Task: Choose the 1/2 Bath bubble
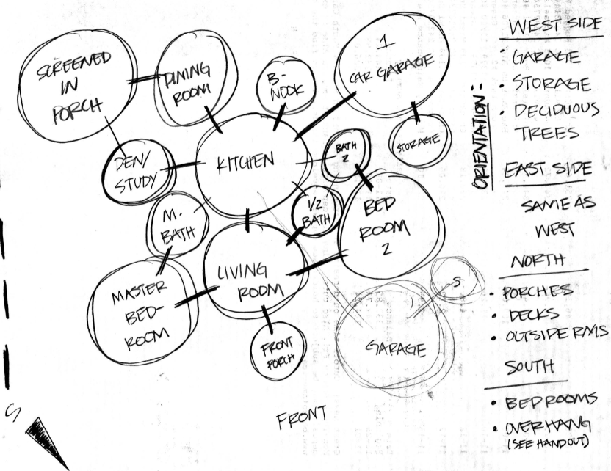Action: pos(317,211)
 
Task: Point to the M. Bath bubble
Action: pos(176,224)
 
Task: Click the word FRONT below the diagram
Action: pos(302,419)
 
